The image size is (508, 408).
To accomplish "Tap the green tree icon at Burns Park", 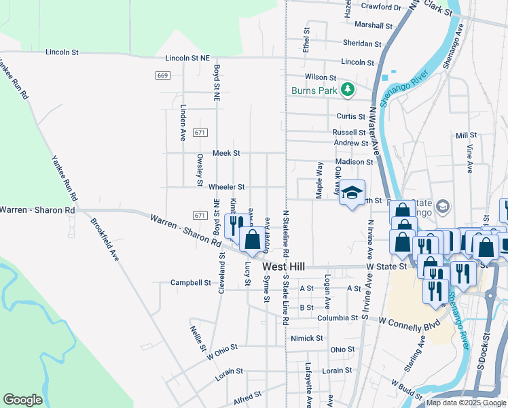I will [347, 89].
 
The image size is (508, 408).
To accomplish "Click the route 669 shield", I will [162, 75].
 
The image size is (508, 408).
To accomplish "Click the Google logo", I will [23, 400].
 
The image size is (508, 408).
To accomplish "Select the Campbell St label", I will [191, 282].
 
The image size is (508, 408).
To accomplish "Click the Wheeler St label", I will [226, 186].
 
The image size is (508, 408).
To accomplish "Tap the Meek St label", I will [227, 153].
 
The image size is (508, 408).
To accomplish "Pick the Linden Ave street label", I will [183, 122].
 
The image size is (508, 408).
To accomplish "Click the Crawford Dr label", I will [381, 7].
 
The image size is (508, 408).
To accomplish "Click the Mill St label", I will [467, 135].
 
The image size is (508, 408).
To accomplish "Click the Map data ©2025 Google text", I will [465, 403].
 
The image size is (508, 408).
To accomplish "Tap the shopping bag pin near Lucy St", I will [252, 239].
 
